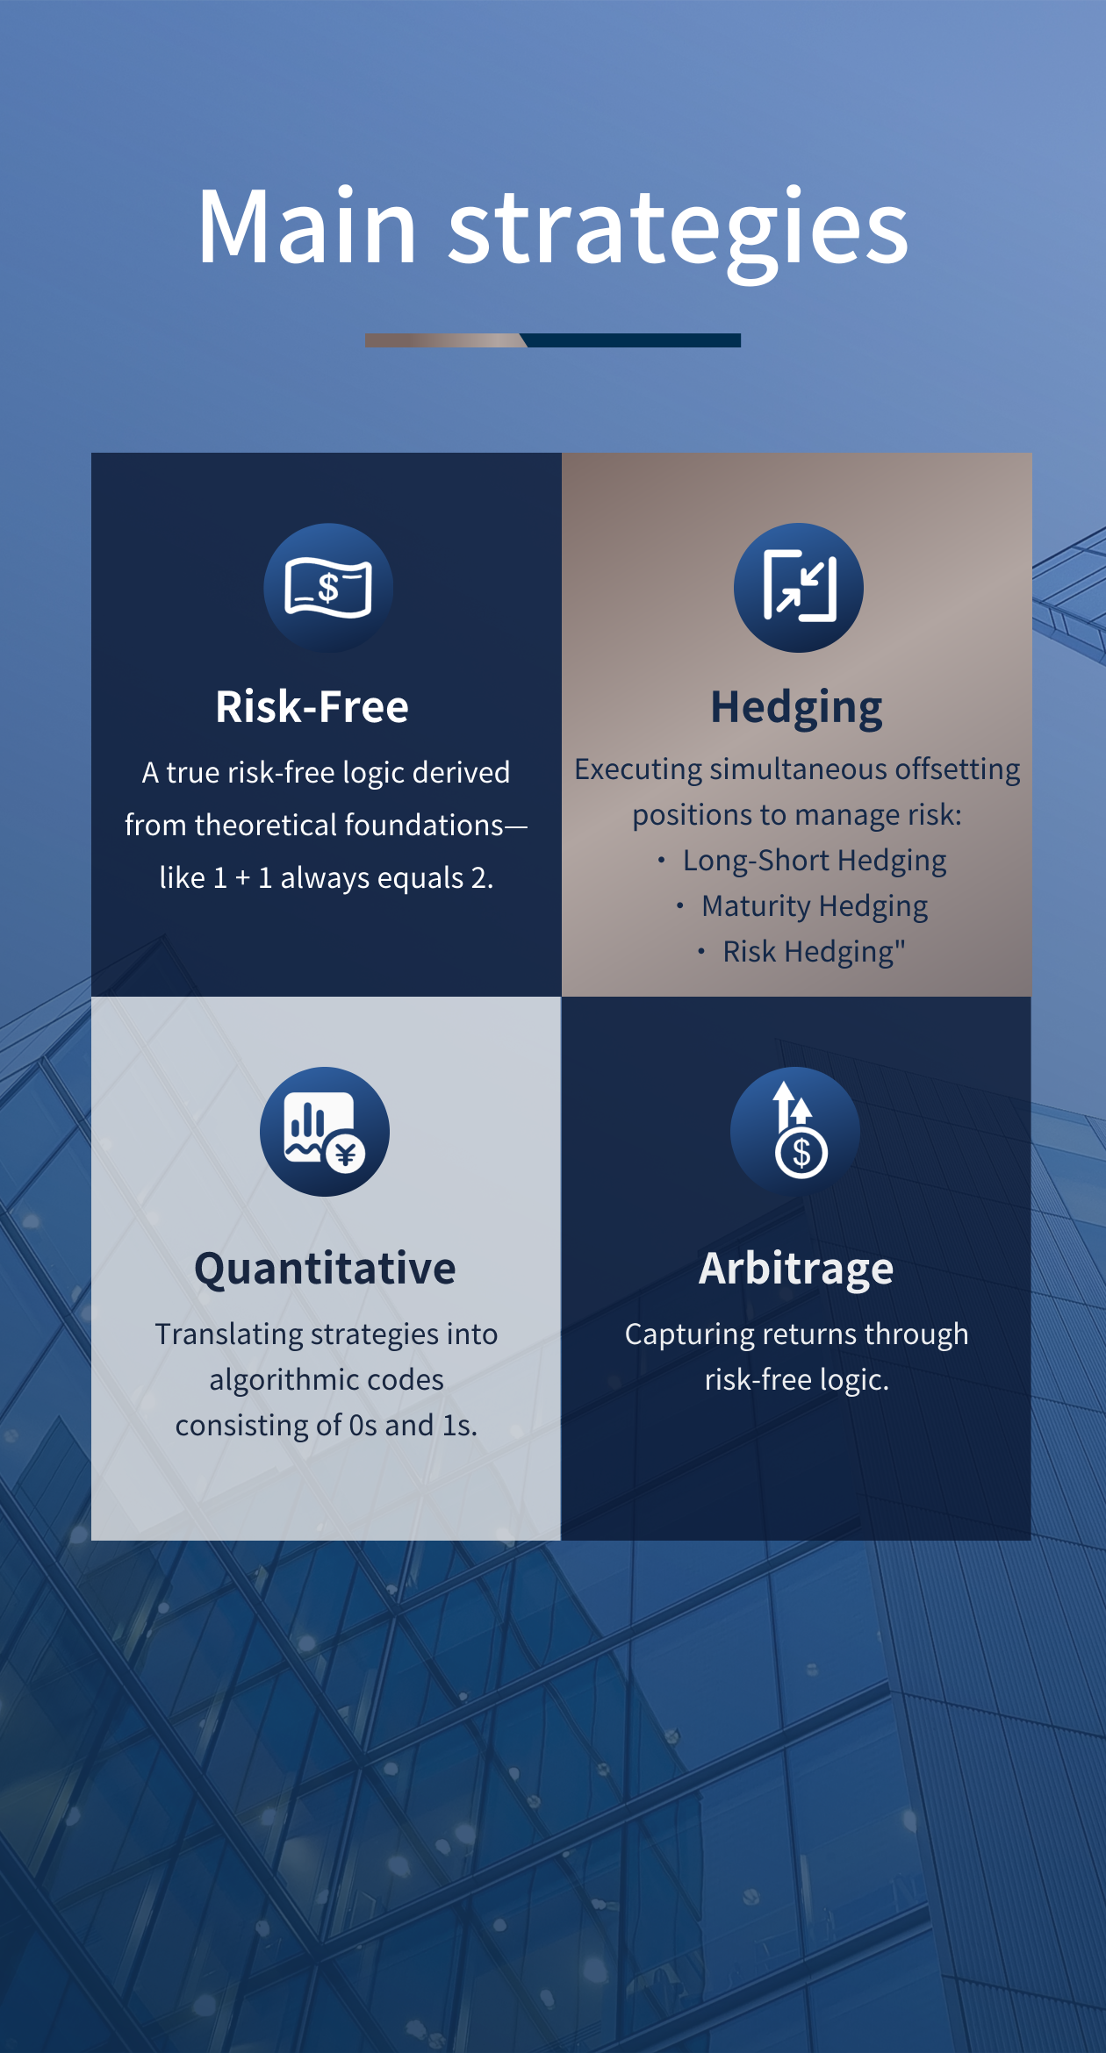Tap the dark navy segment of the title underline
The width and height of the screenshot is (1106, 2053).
pyautogui.click(x=632, y=340)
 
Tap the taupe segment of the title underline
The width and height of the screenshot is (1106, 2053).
pyautogui.click(x=444, y=340)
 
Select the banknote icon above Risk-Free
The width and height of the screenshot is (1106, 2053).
pyautogui.click(x=328, y=588)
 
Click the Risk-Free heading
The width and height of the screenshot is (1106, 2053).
pyautogui.click(x=312, y=707)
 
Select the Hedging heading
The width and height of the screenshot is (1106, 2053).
pyautogui.click(x=797, y=709)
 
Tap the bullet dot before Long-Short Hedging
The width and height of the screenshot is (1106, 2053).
pyautogui.click(x=661, y=861)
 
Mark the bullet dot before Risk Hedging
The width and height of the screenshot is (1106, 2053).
pyautogui.click(x=700, y=952)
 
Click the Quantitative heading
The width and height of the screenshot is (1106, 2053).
pyautogui.click(x=325, y=1270)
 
